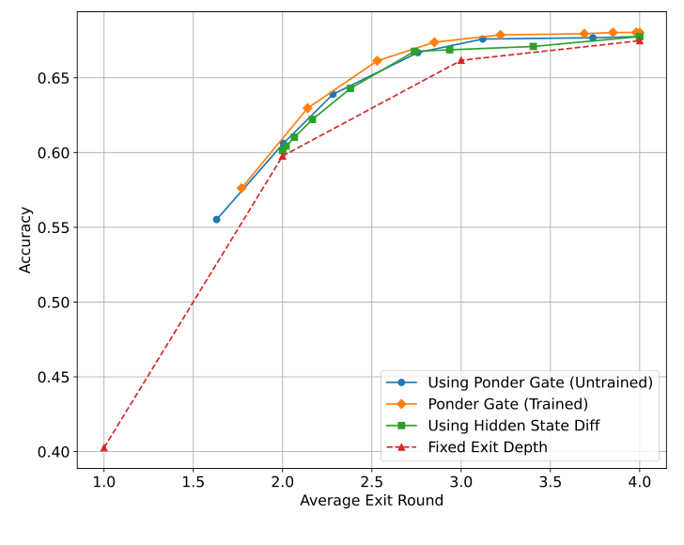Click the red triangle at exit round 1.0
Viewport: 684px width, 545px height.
[x=104, y=447]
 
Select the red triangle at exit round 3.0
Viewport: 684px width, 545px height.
[x=460, y=60]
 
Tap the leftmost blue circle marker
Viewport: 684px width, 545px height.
[x=216, y=219]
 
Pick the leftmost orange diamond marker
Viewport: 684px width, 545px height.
[x=241, y=188]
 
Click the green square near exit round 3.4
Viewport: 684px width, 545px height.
[x=533, y=46]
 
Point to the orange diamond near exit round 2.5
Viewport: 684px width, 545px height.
[x=377, y=61]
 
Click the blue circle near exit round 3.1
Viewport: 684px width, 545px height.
[x=482, y=39]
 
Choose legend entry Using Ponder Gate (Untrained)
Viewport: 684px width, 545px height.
[x=539, y=382]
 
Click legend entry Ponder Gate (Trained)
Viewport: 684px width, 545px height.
[x=507, y=404]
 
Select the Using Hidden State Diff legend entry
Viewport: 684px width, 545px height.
[x=513, y=426]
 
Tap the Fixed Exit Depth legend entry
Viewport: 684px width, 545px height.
[x=487, y=447]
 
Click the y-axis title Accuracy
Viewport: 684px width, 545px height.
[x=25, y=240]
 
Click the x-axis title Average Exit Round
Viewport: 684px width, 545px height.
[x=371, y=501]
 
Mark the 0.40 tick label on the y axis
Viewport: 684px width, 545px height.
[x=53, y=452]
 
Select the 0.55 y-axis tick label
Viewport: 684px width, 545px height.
[x=53, y=227]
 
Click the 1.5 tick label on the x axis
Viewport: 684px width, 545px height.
[x=194, y=481]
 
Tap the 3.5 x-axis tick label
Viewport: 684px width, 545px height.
[x=550, y=481]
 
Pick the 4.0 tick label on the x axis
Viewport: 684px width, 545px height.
[x=639, y=481]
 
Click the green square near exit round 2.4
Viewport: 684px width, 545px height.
[x=350, y=88]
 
